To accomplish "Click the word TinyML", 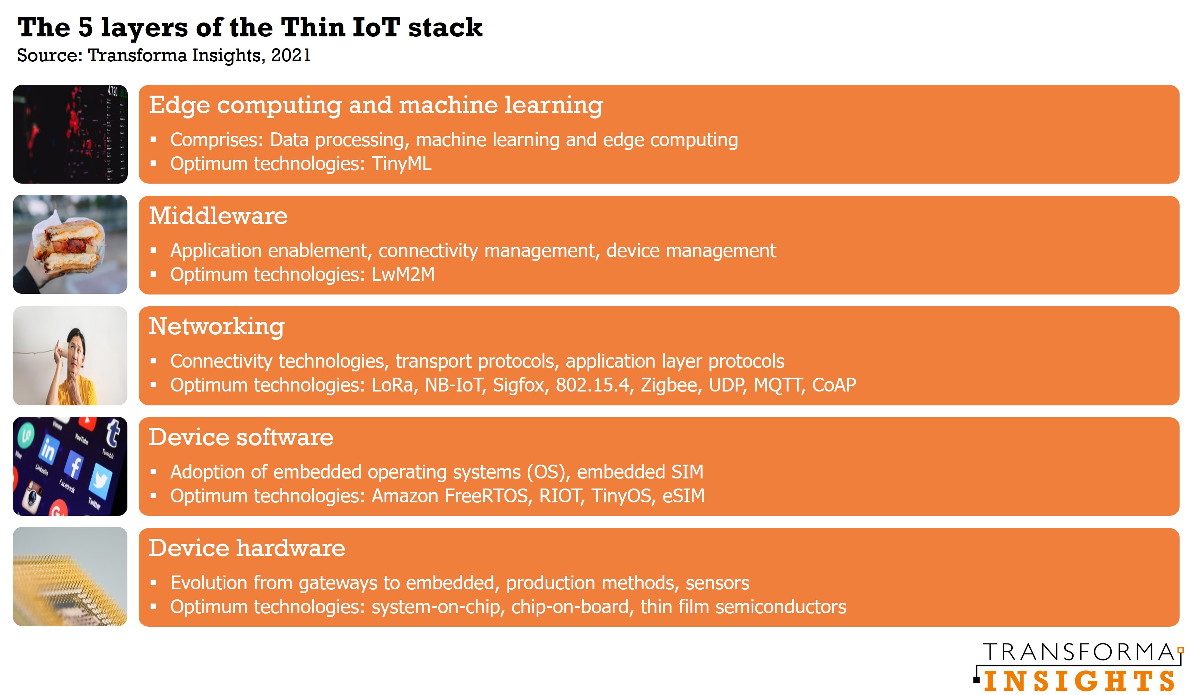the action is pyautogui.click(x=401, y=164).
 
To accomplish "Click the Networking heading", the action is pyautogui.click(x=216, y=327).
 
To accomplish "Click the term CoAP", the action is pyautogui.click(x=834, y=385).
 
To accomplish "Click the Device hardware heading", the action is pyautogui.click(x=247, y=548).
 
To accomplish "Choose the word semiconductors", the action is pyautogui.click(x=781, y=607).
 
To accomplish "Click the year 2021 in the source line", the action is pyautogui.click(x=291, y=55).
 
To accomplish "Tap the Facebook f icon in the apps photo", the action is pyautogui.click(x=74, y=465).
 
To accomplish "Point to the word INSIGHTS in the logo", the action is pyautogui.click(x=1079, y=681).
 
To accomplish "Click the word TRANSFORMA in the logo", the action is pyautogui.click(x=1078, y=652).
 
